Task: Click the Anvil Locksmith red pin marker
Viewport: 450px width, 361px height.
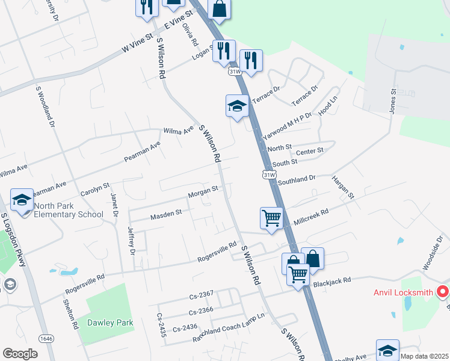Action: [x=443, y=293]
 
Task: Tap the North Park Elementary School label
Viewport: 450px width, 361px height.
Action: [x=69, y=210]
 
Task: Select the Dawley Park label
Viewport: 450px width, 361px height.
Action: [x=110, y=322]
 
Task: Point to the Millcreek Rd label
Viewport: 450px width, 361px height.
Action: [x=311, y=217]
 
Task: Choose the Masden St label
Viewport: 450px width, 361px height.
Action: [x=166, y=214]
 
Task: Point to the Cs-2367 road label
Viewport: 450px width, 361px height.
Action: [x=201, y=294]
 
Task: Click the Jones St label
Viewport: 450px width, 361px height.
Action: [x=393, y=102]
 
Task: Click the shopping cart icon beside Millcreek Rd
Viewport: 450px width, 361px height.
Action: [x=271, y=218]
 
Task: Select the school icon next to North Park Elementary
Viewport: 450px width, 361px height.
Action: [x=22, y=199]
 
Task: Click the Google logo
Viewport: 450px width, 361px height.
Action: [x=20, y=353]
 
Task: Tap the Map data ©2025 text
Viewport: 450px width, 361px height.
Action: [x=424, y=356]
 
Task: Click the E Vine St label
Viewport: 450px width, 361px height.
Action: [x=178, y=20]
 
